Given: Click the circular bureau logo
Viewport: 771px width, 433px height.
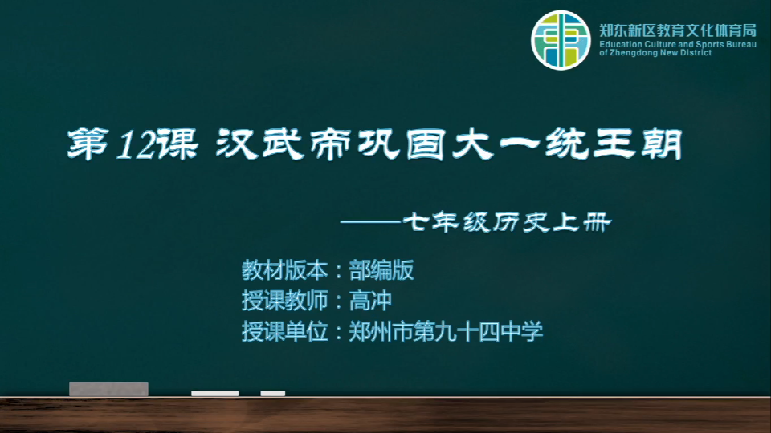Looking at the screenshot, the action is (561, 40).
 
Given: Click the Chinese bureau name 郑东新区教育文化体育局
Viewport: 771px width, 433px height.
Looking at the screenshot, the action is (678, 31).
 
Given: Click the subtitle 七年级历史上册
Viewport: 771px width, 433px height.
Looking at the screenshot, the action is (507, 222).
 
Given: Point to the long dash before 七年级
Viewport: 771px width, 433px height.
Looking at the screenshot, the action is (371, 222).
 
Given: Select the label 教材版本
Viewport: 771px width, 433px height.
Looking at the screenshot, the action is (284, 270).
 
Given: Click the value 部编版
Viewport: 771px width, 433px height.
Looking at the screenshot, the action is (381, 270).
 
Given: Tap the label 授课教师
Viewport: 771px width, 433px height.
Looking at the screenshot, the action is (284, 301).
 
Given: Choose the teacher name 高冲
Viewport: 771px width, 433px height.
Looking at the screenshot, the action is (370, 301).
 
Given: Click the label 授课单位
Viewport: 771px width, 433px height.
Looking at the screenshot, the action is (284, 331).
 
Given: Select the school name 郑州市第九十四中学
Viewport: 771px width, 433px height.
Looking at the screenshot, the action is (446, 331).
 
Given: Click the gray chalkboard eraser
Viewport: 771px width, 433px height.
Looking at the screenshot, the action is (108, 389).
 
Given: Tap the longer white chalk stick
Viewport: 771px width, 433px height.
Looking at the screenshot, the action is (215, 393).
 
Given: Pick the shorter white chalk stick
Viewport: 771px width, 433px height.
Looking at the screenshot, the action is (273, 393).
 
